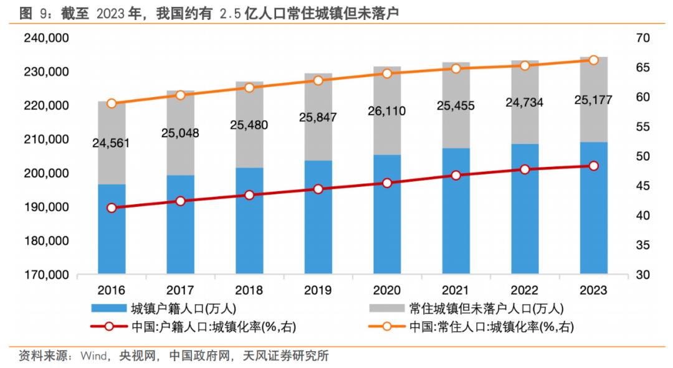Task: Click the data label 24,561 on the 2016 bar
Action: (112, 143)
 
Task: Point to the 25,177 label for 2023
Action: (593, 100)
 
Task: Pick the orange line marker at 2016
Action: (112, 103)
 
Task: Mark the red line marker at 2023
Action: (594, 166)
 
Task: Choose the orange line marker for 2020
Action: (387, 73)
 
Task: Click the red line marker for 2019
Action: (318, 189)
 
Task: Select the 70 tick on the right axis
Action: (643, 39)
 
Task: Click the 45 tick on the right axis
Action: (643, 186)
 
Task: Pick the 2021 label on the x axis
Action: (456, 291)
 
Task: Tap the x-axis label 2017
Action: (180, 291)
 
